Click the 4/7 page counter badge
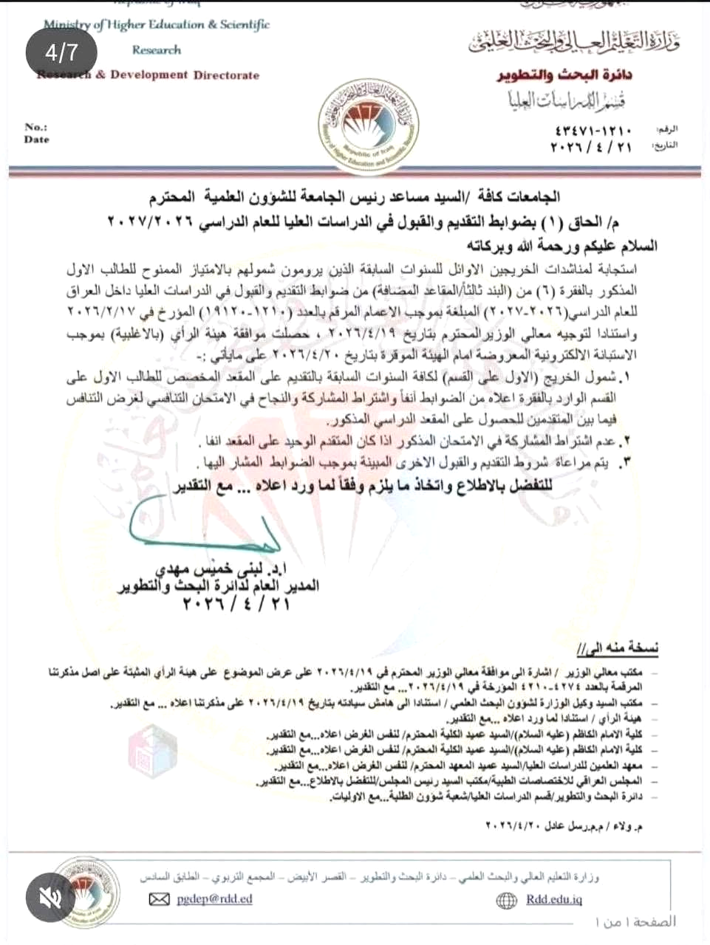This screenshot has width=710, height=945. click(x=61, y=52)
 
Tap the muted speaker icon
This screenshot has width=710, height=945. click(x=51, y=897)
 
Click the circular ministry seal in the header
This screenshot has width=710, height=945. click(x=368, y=124)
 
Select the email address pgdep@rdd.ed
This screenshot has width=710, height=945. click(x=214, y=898)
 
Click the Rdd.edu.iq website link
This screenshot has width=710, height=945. click(x=554, y=899)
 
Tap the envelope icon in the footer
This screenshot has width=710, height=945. click(x=160, y=899)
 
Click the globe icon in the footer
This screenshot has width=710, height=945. click(x=507, y=900)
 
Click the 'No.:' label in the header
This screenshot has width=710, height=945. click(x=35, y=127)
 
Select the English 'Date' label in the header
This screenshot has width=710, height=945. click(x=36, y=140)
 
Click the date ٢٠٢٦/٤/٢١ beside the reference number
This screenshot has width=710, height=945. click(x=591, y=147)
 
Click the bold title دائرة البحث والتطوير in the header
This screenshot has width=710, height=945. click(x=564, y=75)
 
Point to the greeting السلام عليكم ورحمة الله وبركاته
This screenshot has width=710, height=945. click(x=561, y=246)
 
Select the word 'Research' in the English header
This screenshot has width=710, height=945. click(x=156, y=50)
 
